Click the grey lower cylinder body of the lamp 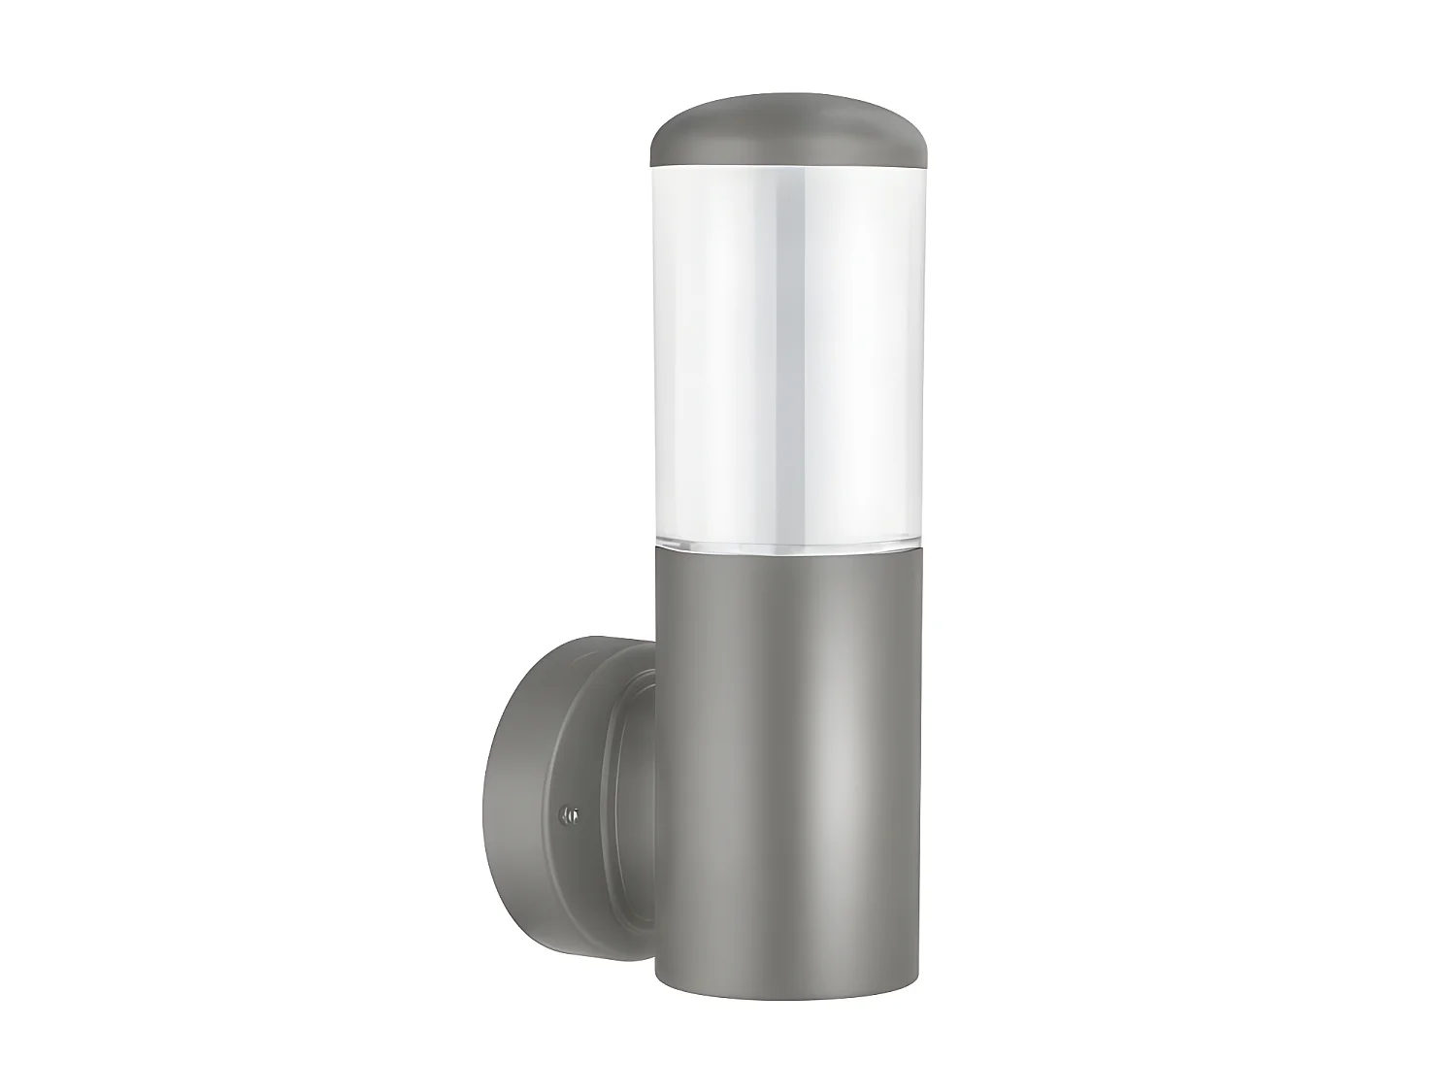point(788,757)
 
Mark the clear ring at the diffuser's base point(788,540)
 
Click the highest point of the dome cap point(787,94)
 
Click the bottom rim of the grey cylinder point(788,992)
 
